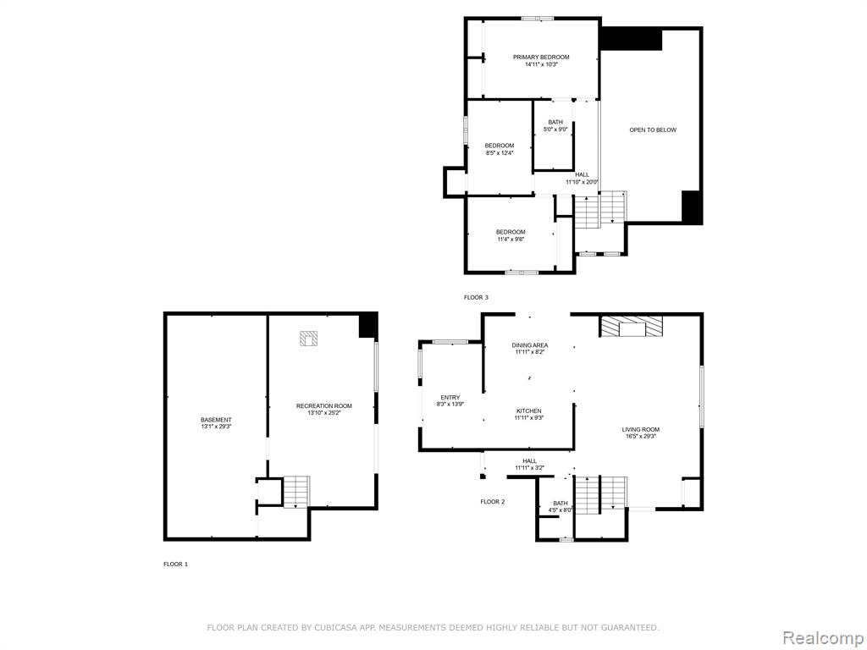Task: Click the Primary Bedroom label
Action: pos(541,57)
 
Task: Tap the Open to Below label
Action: pos(653,129)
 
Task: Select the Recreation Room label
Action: pos(323,405)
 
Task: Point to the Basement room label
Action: pos(216,420)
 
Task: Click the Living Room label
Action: pos(640,429)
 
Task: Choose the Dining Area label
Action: pos(530,345)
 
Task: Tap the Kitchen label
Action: pos(528,410)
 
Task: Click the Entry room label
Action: pos(450,398)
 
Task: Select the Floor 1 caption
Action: pos(176,565)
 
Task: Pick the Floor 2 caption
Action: pos(492,502)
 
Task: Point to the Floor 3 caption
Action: pos(476,297)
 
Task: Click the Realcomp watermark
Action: pos(822,637)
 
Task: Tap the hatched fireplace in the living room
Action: pos(632,326)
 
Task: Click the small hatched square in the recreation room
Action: pos(308,339)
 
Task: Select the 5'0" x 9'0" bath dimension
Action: pos(555,129)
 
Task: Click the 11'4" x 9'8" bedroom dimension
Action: pos(511,239)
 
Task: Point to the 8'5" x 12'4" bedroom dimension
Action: pos(500,152)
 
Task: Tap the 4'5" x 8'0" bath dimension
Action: pos(561,510)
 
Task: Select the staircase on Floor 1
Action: pos(296,492)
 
